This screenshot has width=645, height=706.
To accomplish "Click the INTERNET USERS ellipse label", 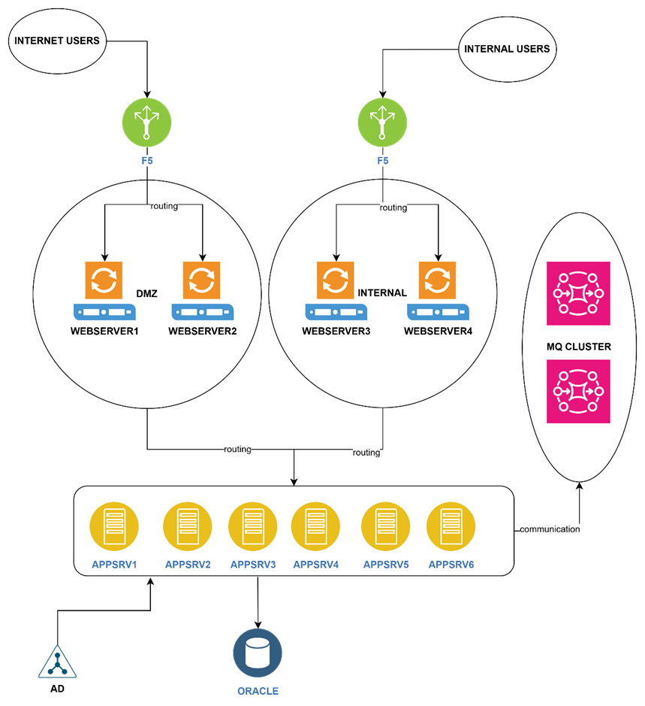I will click(57, 41).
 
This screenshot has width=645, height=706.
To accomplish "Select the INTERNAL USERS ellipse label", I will click(507, 49).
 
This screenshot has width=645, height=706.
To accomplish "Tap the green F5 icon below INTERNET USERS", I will click(147, 123).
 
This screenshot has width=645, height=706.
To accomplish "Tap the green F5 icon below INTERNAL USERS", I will click(382, 123).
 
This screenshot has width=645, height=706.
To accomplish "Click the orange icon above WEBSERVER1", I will click(103, 280).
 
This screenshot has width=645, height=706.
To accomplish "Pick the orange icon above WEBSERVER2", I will click(201, 280).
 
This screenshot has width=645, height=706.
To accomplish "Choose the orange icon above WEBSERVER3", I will click(335, 280).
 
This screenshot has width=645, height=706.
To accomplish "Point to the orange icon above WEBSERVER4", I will click(437, 280).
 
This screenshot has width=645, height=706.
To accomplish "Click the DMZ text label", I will click(146, 293).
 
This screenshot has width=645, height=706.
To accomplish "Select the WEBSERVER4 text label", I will click(439, 331).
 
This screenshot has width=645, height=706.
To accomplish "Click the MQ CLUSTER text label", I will click(578, 347).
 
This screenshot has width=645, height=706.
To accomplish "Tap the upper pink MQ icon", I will click(579, 293).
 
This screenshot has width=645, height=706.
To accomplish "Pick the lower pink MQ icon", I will click(579, 391).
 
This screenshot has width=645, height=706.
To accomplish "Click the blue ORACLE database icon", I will click(258, 653).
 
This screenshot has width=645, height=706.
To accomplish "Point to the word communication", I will click(550, 529).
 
